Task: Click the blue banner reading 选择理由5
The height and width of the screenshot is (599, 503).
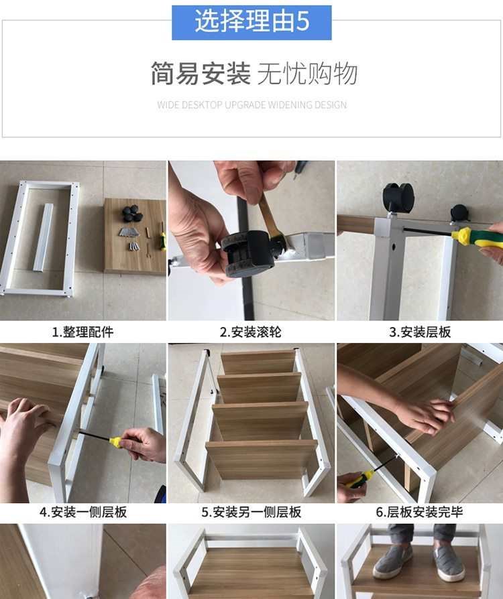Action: tap(251, 23)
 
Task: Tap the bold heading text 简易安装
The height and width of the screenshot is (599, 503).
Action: tap(201, 73)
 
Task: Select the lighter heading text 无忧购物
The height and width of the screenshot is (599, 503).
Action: tap(308, 73)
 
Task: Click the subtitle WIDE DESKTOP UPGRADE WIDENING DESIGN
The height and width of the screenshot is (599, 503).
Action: tap(251, 105)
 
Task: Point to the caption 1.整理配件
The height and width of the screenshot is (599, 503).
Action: tap(82, 332)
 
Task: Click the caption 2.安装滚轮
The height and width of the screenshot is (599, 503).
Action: tap(251, 332)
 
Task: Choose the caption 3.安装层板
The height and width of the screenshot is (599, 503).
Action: tap(420, 332)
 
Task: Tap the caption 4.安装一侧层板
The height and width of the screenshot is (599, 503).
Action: tap(83, 512)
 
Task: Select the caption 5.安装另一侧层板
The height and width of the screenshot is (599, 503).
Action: tap(251, 512)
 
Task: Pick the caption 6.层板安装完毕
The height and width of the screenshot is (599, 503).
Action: tap(419, 512)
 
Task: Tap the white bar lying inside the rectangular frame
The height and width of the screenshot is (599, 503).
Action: tap(42, 237)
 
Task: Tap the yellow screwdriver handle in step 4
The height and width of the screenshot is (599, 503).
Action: tap(116, 442)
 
